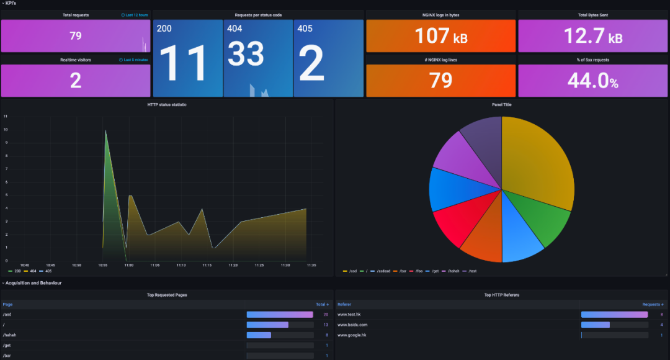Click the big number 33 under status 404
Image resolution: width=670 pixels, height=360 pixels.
coord(246,54)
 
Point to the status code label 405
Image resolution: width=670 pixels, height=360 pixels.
coord(305,29)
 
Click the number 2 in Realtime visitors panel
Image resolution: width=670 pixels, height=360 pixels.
coord(76,81)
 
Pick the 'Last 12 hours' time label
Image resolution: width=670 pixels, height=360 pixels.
coord(135,15)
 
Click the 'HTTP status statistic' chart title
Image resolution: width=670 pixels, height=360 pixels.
coord(167,105)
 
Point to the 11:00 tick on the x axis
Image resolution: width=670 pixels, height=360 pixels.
coord(128,265)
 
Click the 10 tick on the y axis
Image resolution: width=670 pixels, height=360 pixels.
coord(6,130)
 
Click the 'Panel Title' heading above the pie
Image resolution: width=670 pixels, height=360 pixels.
coord(501,105)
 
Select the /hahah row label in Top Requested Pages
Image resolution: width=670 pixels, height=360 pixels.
coord(9,335)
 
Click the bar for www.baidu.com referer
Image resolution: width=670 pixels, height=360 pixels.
coord(596,325)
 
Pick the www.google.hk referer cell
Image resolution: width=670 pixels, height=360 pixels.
coord(352,335)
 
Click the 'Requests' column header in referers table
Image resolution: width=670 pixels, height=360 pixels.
coord(652,305)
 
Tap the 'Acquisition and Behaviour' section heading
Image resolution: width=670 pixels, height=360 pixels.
coord(33,283)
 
